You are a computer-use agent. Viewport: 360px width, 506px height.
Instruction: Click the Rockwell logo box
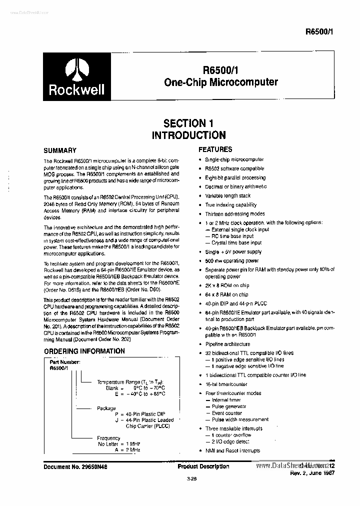[x=76, y=76]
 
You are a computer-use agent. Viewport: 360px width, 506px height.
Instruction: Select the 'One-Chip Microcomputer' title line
[x=220, y=82]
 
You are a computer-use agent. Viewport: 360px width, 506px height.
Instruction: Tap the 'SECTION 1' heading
[x=184, y=123]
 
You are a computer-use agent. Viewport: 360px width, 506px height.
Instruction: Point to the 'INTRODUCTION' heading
[x=188, y=135]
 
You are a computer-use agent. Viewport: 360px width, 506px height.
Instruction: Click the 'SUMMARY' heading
[x=60, y=150]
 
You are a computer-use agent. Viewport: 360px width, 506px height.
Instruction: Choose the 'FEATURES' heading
[x=215, y=149]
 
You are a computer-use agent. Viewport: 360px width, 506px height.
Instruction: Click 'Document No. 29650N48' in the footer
[x=76, y=466]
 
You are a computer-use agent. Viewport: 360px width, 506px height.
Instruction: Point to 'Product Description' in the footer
[x=203, y=466]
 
